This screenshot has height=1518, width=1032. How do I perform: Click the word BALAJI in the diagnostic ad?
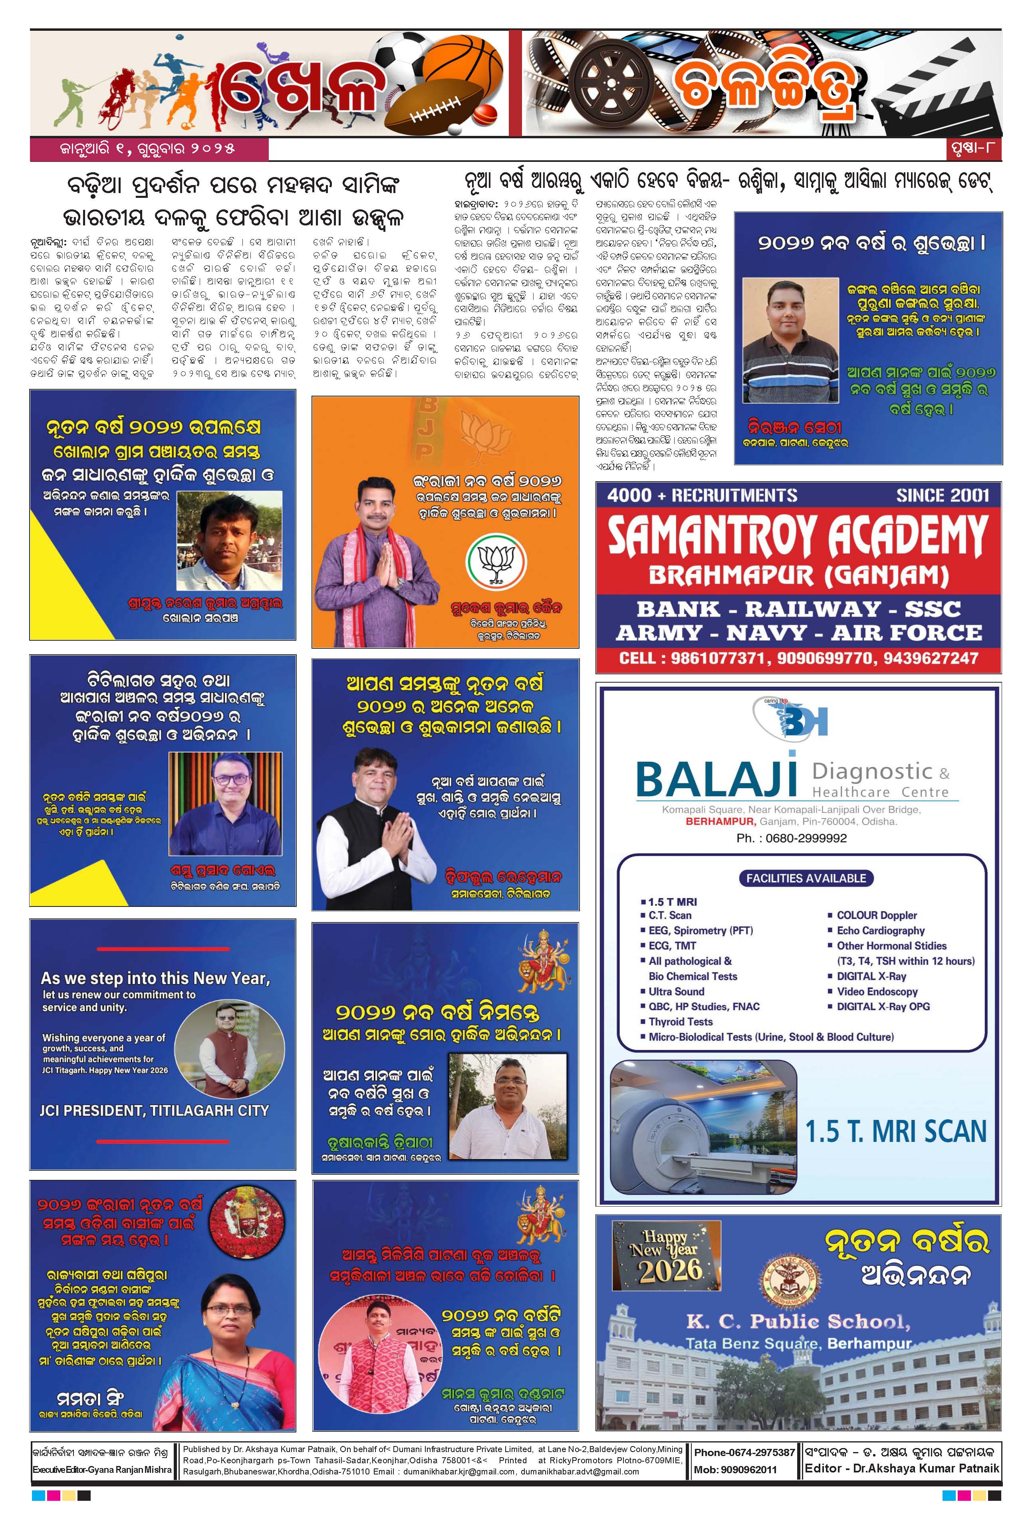point(717,779)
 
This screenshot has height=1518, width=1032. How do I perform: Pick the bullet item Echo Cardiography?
point(881,931)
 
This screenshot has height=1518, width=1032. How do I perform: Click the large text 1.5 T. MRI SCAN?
point(895,1132)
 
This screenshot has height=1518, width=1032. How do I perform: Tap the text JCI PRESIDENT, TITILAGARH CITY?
point(154,1110)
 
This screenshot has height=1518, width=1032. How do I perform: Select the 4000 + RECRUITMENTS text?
point(702,495)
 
